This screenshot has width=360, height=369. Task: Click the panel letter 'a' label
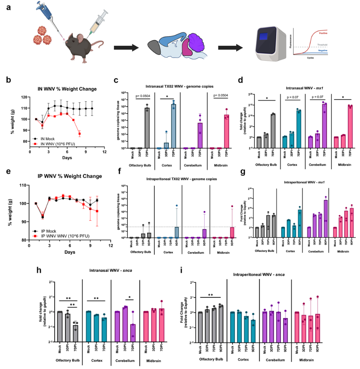7,8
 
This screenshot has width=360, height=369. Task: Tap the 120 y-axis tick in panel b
24,98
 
